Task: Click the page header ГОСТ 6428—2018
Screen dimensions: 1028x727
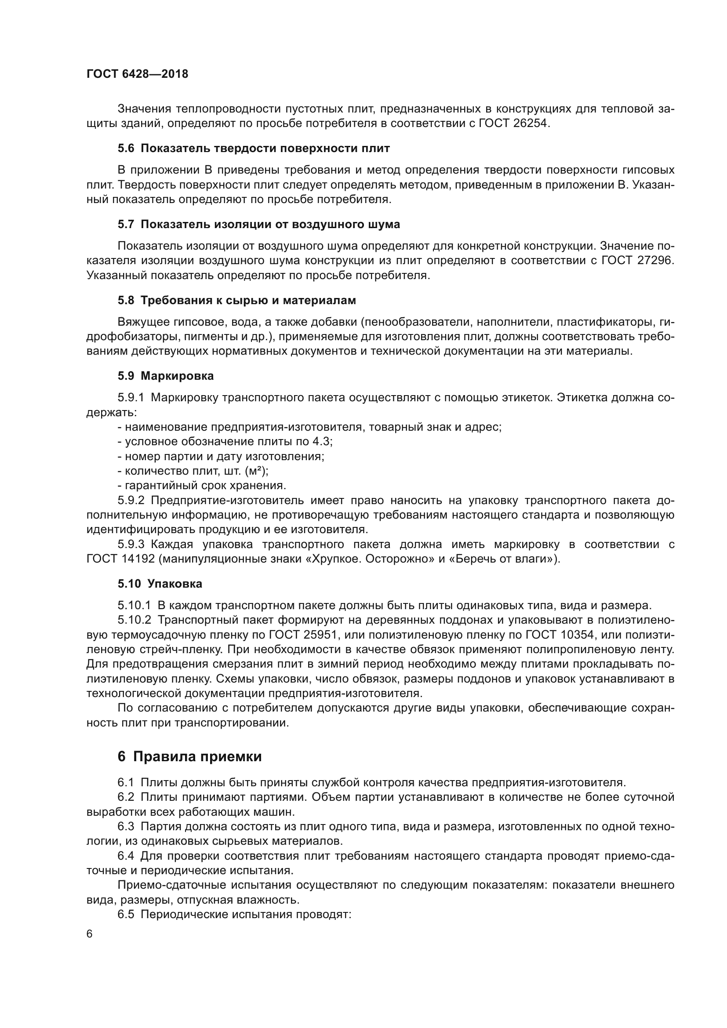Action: coord(137,74)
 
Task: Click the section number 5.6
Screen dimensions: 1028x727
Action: coord(126,149)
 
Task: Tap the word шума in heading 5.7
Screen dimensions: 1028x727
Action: coord(385,224)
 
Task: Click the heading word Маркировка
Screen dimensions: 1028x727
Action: coord(177,376)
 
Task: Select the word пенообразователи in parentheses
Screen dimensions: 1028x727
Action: coord(417,322)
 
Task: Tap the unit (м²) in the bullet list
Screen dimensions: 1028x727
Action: coord(256,471)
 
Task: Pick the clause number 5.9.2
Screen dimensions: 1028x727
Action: coord(131,500)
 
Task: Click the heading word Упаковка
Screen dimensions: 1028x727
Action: coord(174,584)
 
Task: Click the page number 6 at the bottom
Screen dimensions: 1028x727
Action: coord(90,934)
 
